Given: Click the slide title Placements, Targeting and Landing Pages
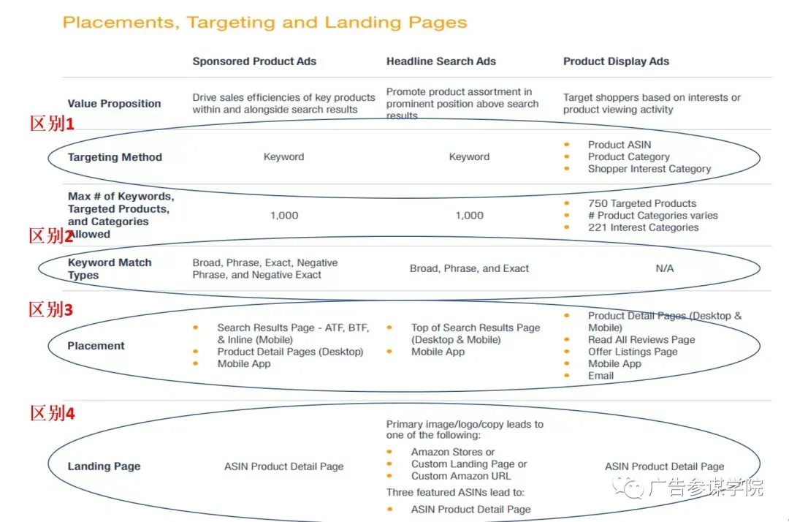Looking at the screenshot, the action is [x=264, y=23].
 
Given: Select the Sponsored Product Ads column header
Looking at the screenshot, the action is [x=254, y=61].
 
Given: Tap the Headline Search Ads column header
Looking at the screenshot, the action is [x=441, y=61].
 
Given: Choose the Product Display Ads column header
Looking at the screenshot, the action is [x=616, y=61].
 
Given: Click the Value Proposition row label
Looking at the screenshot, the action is [x=114, y=104].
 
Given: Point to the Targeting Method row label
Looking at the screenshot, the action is [x=115, y=157].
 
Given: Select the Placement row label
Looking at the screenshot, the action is [x=96, y=346].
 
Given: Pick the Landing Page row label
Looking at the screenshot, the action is [x=104, y=466].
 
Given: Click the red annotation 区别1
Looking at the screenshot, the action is [x=52, y=124].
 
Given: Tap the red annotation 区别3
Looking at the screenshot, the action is [x=51, y=309].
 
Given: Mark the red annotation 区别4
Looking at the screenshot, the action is [x=52, y=413].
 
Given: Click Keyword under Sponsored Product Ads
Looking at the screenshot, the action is [x=283, y=157].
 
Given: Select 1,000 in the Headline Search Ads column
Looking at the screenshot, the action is [x=470, y=216].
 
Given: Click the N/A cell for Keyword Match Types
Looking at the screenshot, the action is [x=664, y=268].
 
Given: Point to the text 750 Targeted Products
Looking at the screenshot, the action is [x=642, y=203].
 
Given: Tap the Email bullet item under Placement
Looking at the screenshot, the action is [x=601, y=376].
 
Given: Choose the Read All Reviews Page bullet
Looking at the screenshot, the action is [x=641, y=340].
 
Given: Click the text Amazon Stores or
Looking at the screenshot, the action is [x=453, y=452].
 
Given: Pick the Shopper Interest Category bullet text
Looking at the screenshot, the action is [x=649, y=169].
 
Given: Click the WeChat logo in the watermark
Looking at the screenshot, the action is [x=628, y=487].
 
